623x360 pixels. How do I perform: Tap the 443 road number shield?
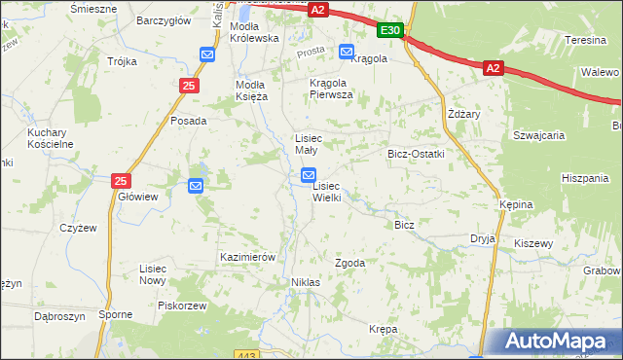point(246,355)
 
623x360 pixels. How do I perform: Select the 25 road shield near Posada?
point(187,88)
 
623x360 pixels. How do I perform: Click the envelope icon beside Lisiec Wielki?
point(309,176)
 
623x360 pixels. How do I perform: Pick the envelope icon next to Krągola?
point(346,52)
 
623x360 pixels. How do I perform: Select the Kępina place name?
point(516,205)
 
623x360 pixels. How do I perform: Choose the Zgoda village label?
point(349,263)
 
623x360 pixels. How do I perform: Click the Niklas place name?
point(305,281)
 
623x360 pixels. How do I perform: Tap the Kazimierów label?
point(249,256)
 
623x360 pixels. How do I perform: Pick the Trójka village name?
point(122,61)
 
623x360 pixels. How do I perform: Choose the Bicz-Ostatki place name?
point(416,154)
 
